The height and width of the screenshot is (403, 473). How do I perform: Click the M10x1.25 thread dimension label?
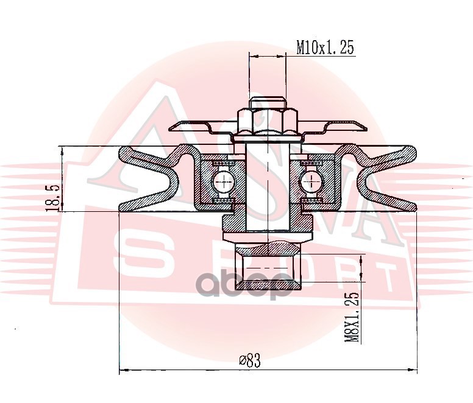tap(325, 47)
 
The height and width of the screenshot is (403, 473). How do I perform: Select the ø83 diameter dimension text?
tap(250, 360)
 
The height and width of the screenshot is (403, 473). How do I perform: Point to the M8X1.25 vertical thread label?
tap(352, 317)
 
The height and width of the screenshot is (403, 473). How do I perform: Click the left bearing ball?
tap(224, 182)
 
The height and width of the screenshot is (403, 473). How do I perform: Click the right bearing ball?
tap(311, 182)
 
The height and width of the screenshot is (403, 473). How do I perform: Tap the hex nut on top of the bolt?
tap(268, 122)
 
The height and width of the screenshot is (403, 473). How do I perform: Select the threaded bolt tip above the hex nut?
tap(267, 103)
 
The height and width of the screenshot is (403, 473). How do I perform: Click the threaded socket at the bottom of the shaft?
tap(268, 265)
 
